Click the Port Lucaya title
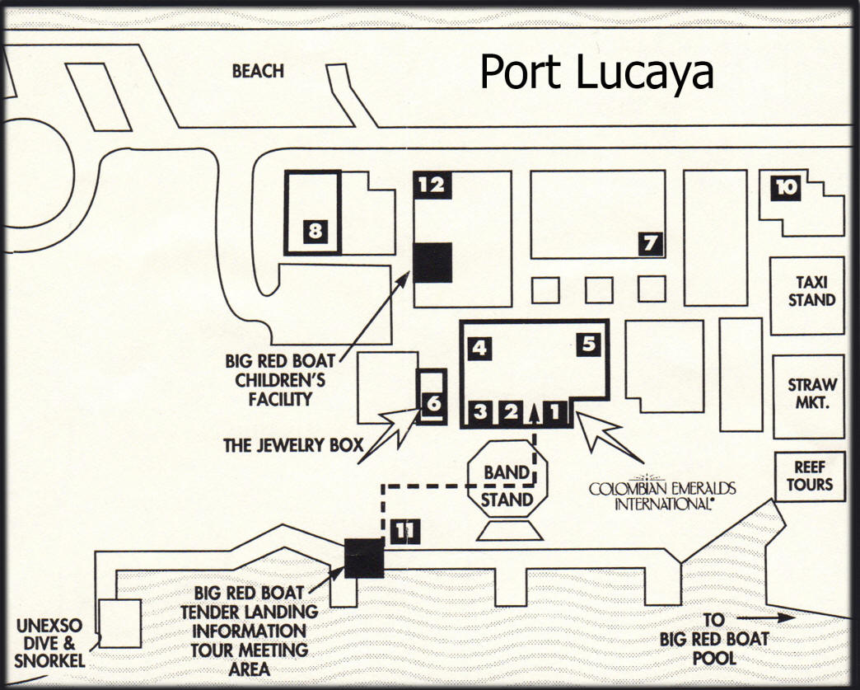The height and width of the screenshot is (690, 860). tap(596, 72)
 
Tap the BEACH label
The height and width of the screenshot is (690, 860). tap(258, 71)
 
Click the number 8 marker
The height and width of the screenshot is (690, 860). tap(315, 232)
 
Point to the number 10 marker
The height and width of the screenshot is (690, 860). tap(787, 189)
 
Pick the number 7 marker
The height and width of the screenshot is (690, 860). tap(651, 243)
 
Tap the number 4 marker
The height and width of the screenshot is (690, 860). tap(480, 349)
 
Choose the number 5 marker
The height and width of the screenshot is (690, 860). tap(588, 344)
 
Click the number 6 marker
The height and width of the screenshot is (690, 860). tap(433, 404)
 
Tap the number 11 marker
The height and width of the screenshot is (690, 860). tap(404, 531)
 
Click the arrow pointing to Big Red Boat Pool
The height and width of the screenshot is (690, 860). tap(763, 617)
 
